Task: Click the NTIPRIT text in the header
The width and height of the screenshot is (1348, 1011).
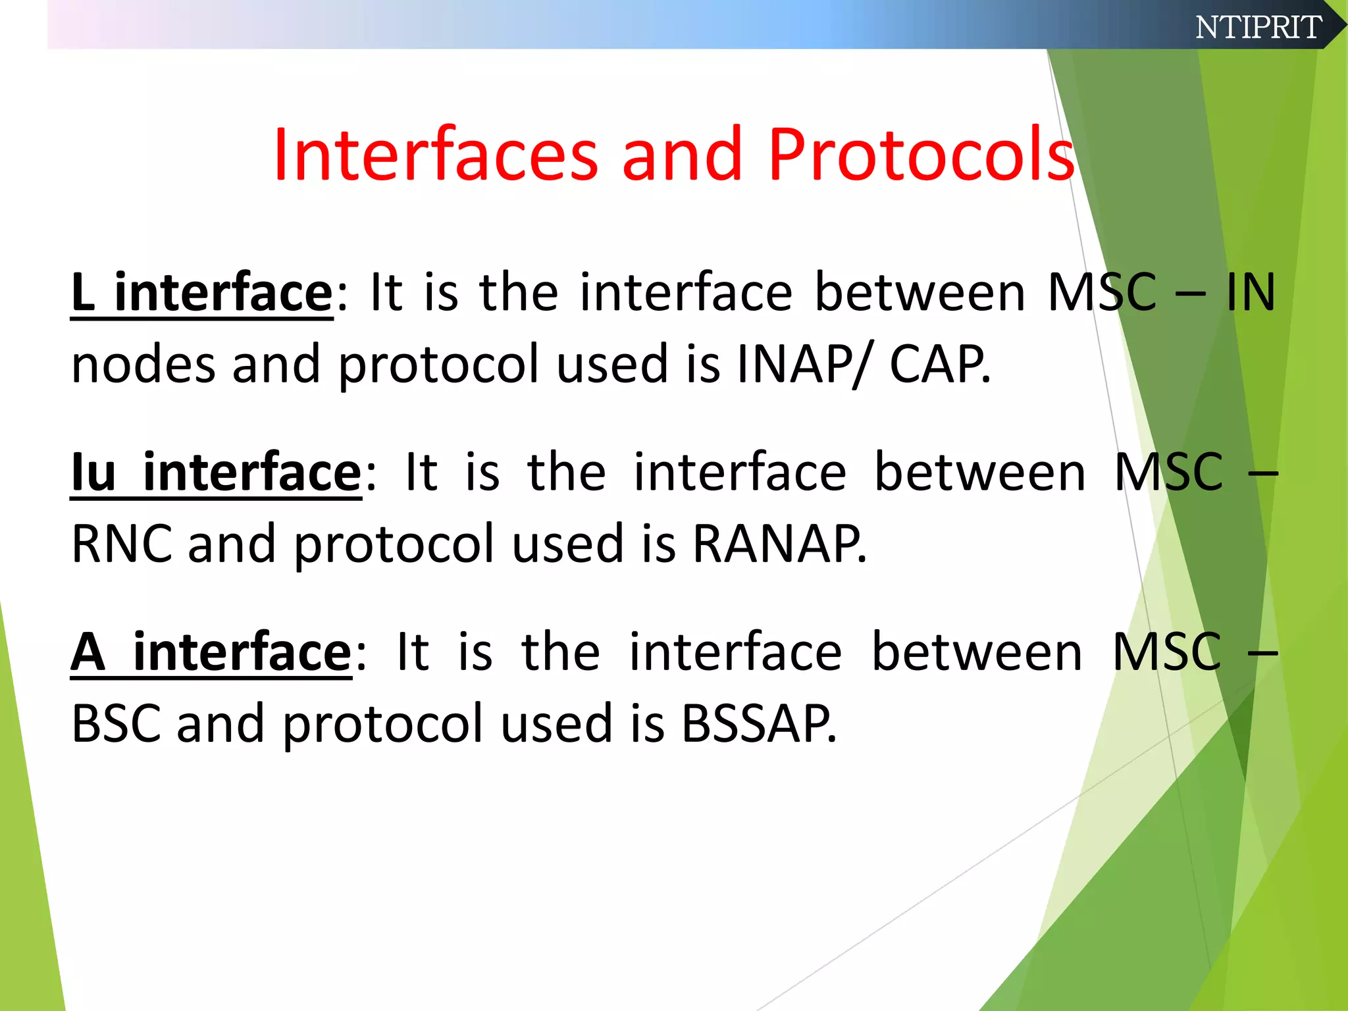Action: [x=1258, y=27]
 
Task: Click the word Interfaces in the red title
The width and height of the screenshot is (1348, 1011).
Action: [x=435, y=155]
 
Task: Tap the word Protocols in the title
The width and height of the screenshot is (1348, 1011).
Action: [x=921, y=155]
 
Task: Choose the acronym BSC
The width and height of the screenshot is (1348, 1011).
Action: [x=116, y=723]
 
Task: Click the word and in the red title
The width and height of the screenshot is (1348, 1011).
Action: [x=682, y=155]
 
